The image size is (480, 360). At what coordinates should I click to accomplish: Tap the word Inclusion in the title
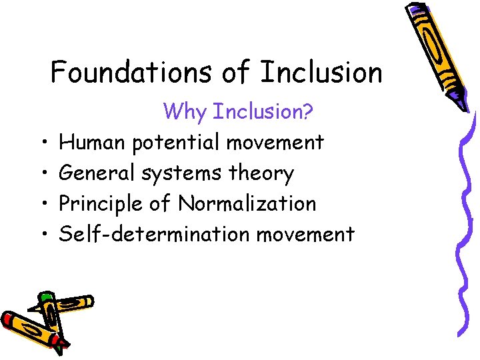(321, 72)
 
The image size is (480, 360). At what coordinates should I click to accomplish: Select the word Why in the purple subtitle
(185, 111)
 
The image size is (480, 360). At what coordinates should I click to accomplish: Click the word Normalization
(247, 203)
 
